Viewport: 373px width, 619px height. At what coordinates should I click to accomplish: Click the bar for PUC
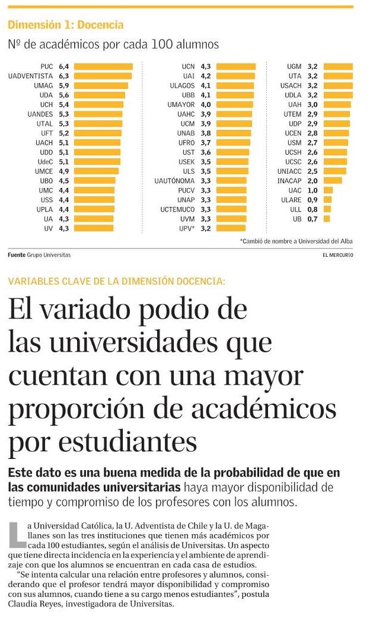(x=103, y=66)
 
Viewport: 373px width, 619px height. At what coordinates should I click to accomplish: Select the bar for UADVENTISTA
(x=103, y=76)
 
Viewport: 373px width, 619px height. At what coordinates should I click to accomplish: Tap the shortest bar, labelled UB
(x=326, y=219)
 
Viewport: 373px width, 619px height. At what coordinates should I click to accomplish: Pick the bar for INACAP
(x=333, y=180)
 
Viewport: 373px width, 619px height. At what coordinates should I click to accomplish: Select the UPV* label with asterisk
(x=186, y=228)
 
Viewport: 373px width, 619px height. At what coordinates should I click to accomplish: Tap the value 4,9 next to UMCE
(x=64, y=171)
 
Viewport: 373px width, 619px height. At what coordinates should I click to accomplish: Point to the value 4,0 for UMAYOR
(x=206, y=104)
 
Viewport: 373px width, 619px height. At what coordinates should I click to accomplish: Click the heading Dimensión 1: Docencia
(x=65, y=25)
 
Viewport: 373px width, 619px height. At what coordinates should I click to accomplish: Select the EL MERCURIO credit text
(x=337, y=255)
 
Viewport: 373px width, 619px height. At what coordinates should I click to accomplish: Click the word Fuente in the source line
(x=16, y=255)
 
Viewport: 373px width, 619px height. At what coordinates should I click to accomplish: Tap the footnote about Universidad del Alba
(x=296, y=241)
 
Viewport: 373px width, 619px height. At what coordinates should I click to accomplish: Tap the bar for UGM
(x=338, y=66)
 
